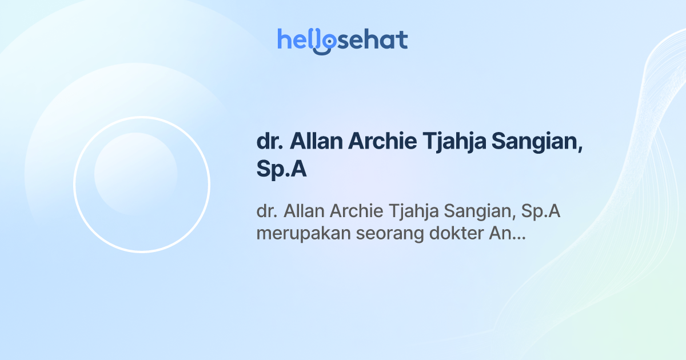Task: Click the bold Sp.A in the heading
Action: (x=282, y=170)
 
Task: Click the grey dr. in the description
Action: (x=267, y=211)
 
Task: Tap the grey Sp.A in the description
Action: (x=540, y=211)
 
